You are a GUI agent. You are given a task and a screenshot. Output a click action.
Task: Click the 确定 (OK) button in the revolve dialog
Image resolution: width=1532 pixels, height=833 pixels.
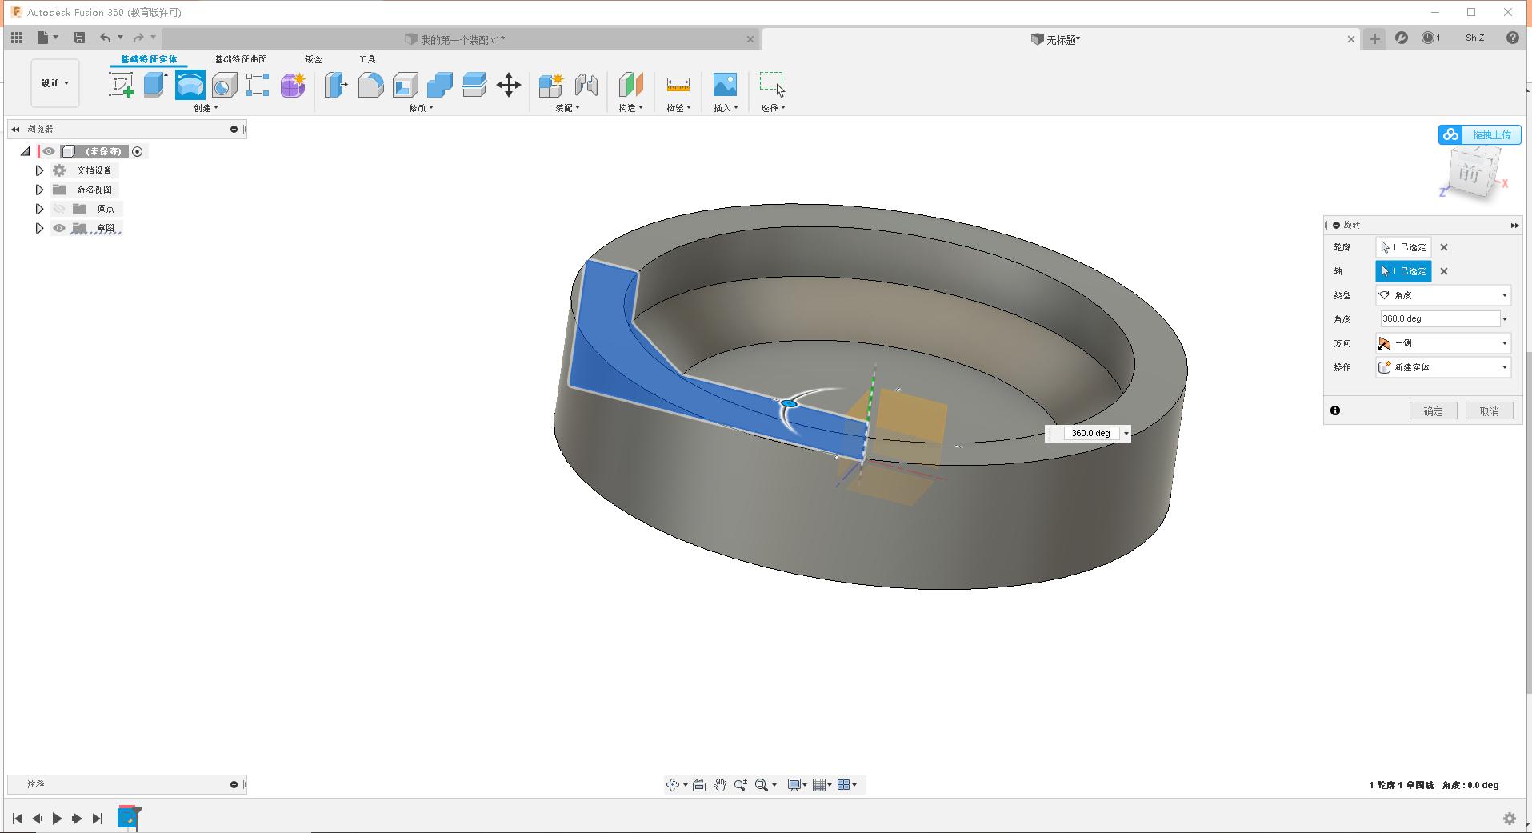pyautogui.click(x=1432, y=411)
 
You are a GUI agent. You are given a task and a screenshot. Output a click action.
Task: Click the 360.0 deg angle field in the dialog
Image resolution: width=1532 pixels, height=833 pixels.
pyautogui.click(x=1439, y=318)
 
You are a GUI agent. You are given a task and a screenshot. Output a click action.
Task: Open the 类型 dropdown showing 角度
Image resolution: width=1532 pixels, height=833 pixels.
pyautogui.click(x=1442, y=295)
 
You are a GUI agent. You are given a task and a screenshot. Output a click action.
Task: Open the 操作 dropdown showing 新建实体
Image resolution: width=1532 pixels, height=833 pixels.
pyautogui.click(x=1442, y=367)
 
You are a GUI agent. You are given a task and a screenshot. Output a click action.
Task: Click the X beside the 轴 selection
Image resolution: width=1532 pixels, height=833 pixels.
pyautogui.click(x=1444, y=271)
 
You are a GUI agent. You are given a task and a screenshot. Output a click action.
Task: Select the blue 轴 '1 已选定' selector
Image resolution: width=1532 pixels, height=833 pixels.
pyautogui.click(x=1403, y=271)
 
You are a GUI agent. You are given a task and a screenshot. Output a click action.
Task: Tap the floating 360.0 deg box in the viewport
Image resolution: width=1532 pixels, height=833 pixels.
pyautogui.click(x=1090, y=433)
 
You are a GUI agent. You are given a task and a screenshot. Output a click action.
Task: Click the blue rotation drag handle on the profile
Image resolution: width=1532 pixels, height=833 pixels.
pyautogui.click(x=789, y=404)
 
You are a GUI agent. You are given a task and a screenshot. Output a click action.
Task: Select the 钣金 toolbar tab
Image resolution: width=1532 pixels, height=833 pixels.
pyautogui.click(x=314, y=59)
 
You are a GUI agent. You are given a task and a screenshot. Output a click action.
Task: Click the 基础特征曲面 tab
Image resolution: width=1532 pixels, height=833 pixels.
pyautogui.click(x=241, y=59)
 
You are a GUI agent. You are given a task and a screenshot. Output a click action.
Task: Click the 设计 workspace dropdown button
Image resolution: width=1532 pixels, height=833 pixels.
pyautogui.click(x=55, y=83)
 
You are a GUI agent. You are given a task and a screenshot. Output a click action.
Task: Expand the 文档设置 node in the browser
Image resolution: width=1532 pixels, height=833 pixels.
pyautogui.click(x=39, y=170)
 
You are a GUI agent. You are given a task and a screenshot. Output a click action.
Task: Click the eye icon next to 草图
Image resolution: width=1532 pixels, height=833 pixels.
pyautogui.click(x=59, y=228)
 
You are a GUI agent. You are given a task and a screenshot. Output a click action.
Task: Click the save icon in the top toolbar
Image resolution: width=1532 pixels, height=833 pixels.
pyautogui.click(x=78, y=38)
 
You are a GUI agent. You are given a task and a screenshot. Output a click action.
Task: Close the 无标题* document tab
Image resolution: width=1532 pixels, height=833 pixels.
pyautogui.click(x=1351, y=39)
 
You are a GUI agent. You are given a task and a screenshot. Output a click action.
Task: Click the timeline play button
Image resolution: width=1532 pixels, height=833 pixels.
pyautogui.click(x=57, y=819)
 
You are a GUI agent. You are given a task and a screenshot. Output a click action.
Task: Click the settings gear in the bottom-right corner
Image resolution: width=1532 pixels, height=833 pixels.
pyautogui.click(x=1510, y=819)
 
